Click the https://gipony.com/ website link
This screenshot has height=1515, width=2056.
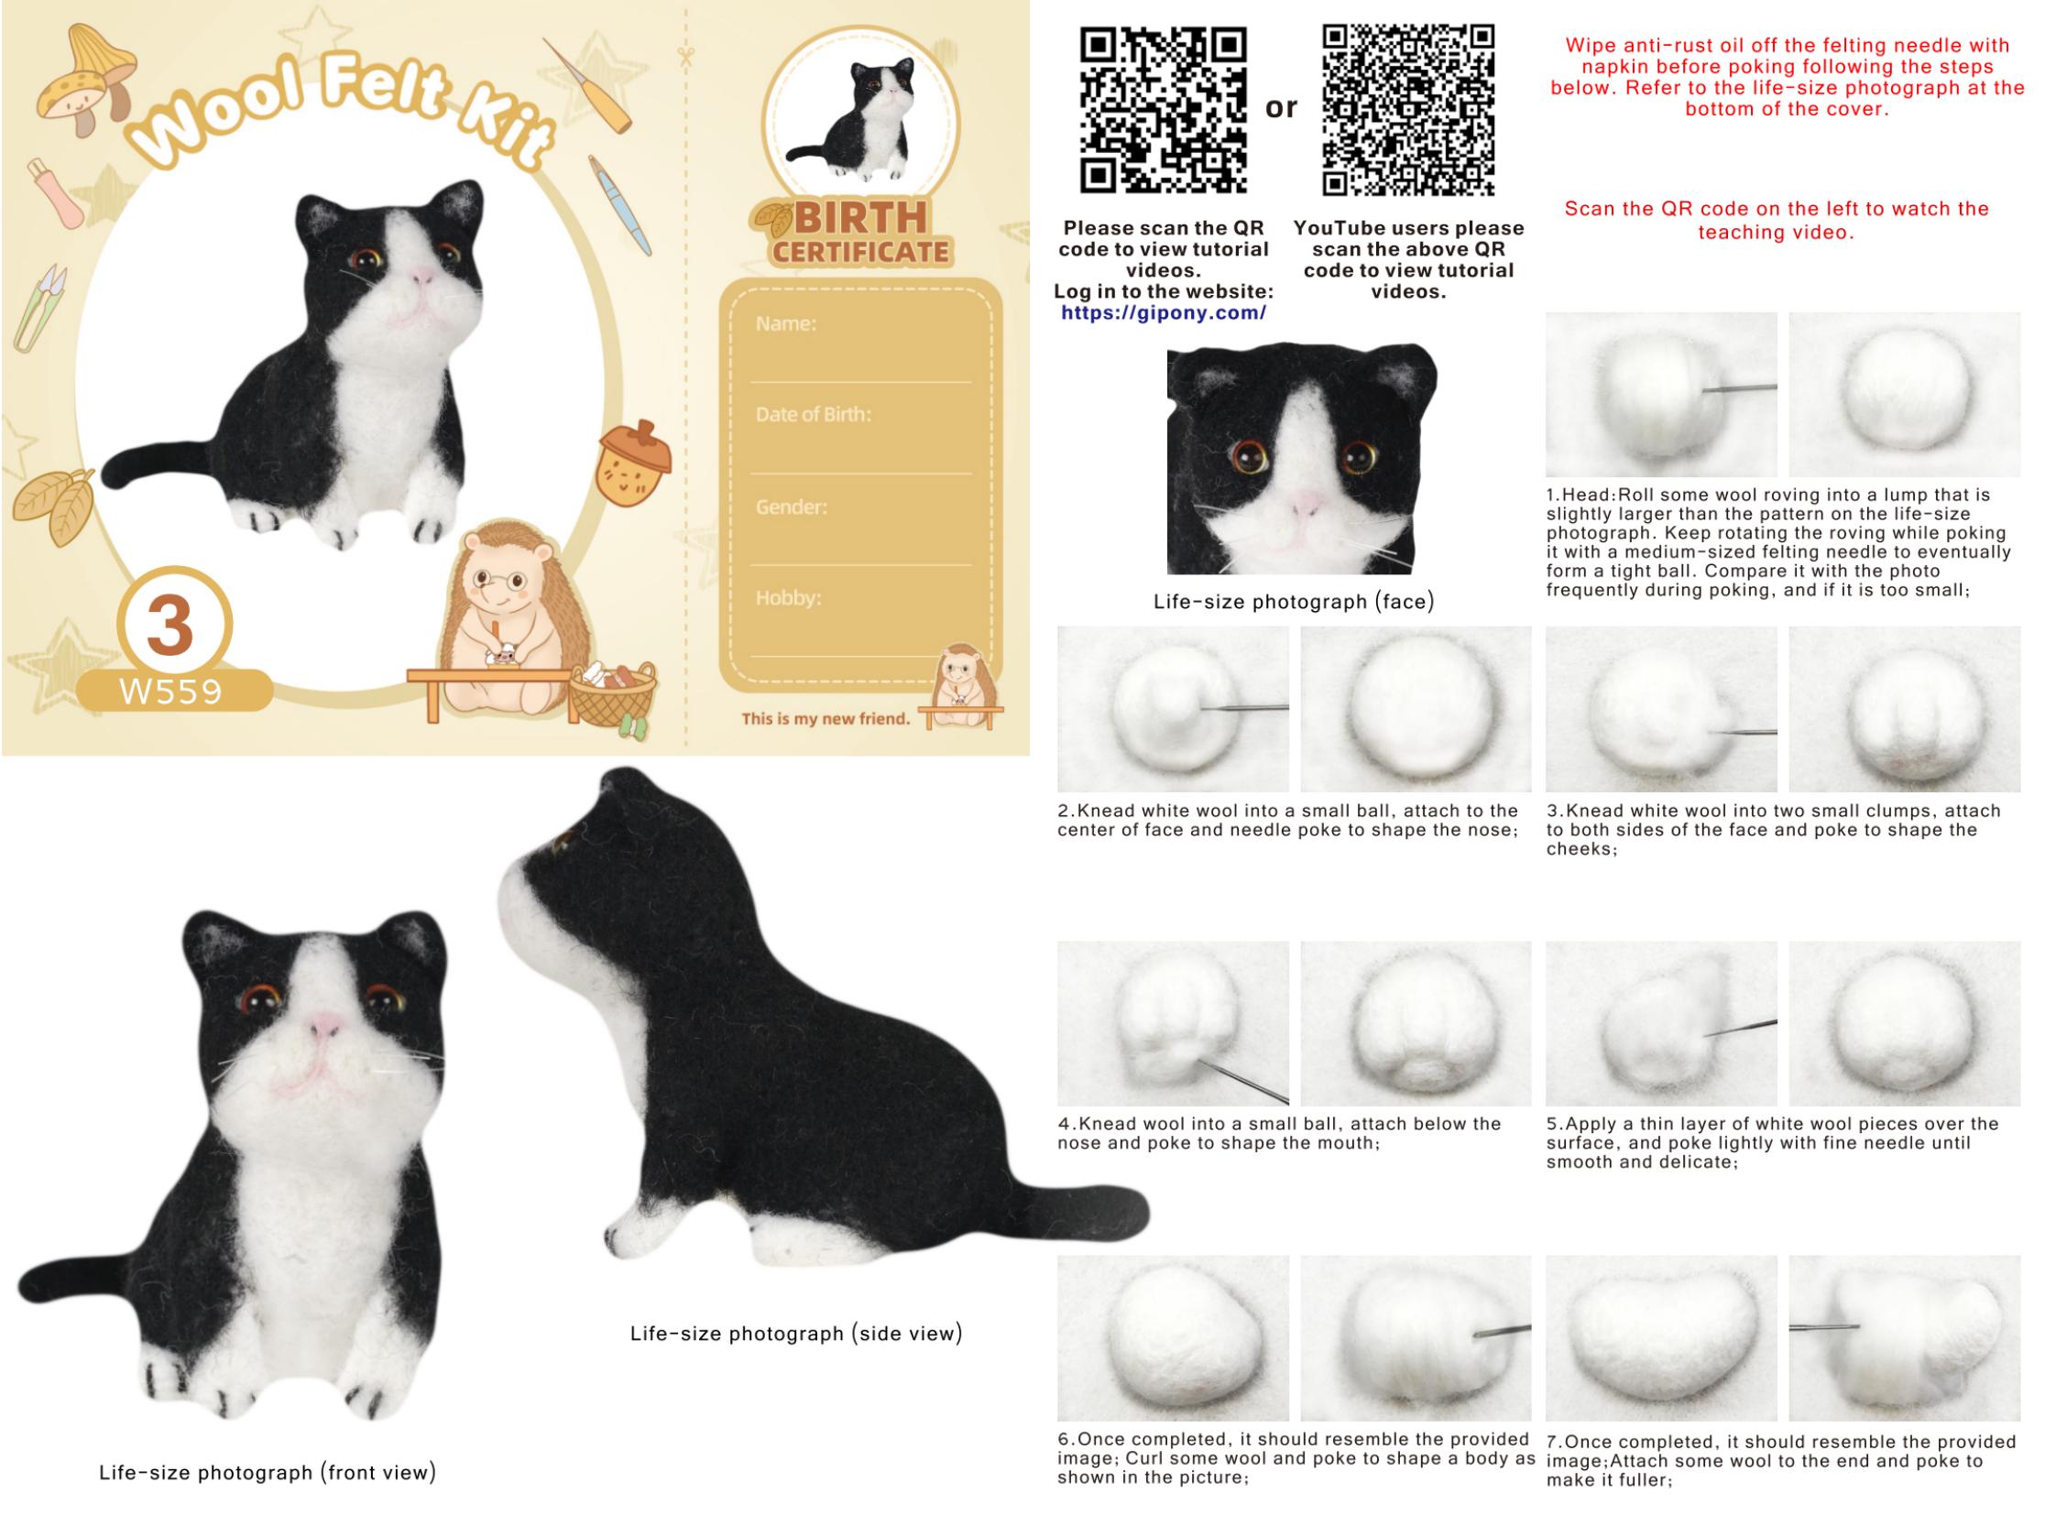pos(1164,313)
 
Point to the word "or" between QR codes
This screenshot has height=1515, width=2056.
pos(1281,108)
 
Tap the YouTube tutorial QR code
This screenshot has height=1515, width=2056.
pos(1408,110)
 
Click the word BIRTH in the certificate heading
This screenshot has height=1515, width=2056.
pos(859,218)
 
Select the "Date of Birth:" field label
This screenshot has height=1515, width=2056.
pos(813,415)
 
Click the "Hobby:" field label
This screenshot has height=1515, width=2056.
pos(788,598)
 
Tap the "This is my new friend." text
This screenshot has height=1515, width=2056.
pos(826,719)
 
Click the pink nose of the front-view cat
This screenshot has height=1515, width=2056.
pos(323,1024)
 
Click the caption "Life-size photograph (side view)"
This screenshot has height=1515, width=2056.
pos(796,1334)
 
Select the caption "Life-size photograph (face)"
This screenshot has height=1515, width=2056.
pos(1294,602)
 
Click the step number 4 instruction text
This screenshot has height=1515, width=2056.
pos(1280,1133)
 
